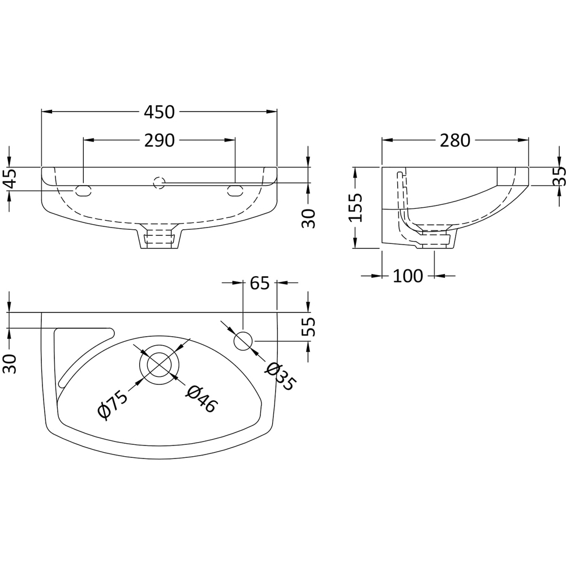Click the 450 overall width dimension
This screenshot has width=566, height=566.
pos(159,112)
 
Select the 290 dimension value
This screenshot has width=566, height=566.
pos(159,140)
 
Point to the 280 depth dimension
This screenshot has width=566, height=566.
pos(455,140)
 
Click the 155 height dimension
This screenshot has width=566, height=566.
pos(355,208)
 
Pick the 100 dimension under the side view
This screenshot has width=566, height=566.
pos(408,276)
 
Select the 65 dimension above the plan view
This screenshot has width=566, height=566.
pos(259,282)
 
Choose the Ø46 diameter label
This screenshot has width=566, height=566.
pos(202,398)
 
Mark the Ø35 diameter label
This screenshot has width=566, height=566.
pos(280,376)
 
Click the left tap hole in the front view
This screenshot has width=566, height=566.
pos(83,191)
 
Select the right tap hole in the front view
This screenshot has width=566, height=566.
pos(235,191)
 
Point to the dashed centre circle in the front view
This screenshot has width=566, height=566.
pos(159,183)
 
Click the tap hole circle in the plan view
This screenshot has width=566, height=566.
pos(243,341)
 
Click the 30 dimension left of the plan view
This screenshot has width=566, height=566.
pos(10,363)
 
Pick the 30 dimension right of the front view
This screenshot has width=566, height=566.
pos(308,218)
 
